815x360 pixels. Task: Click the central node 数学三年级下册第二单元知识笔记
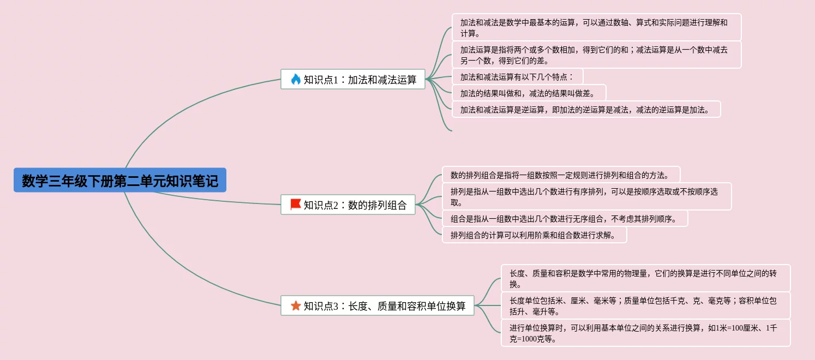point(119,181)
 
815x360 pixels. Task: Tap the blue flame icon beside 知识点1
point(296,80)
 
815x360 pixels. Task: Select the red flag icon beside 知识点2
point(296,205)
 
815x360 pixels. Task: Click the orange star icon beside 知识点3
point(296,306)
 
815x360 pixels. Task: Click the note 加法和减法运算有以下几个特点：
point(517,77)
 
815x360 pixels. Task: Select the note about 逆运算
point(585,110)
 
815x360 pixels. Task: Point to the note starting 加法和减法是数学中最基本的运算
point(596,27)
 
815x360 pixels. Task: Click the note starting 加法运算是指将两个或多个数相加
point(596,55)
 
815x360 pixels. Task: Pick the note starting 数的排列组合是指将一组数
point(560,175)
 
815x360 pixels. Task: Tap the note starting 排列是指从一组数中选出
point(586,196)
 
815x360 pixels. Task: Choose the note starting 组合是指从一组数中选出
point(564,219)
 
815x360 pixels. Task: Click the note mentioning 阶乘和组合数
point(534,236)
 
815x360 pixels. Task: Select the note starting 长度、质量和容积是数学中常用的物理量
point(645,278)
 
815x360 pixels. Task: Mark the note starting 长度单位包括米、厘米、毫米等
point(645,305)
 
